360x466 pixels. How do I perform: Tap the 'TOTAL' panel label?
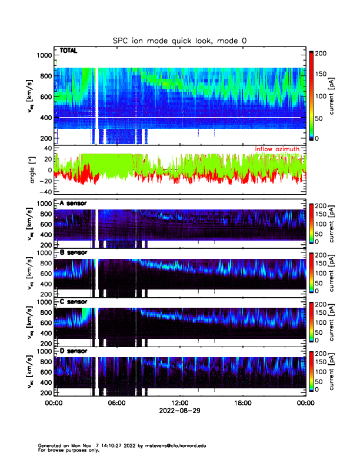click(x=69, y=51)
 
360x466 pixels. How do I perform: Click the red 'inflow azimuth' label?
click(x=280, y=149)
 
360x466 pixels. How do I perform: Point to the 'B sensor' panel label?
click(x=74, y=252)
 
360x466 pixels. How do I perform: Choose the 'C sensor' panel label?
click(x=74, y=302)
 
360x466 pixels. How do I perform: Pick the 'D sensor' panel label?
click(x=74, y=351)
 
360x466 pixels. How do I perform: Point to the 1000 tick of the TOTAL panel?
click(x=44, y=55)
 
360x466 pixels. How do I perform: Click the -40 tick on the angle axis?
click(x=45, y=192)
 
